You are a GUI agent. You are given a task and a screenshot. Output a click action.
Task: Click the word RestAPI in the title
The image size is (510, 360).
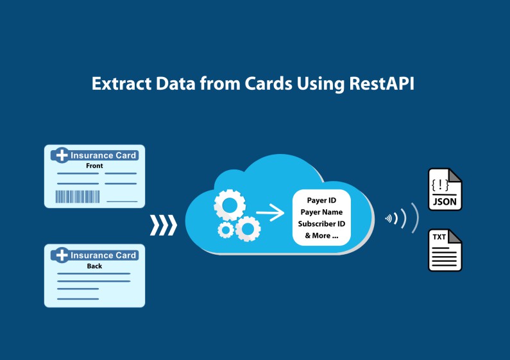pos(382,83)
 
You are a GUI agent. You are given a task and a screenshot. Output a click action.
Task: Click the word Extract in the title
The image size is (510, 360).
pos(122,83)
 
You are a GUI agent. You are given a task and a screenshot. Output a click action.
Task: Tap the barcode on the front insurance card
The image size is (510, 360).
pos(78,196)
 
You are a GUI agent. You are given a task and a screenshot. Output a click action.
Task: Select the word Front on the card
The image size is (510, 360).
pos(94,166)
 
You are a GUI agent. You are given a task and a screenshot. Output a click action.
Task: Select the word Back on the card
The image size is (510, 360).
pos(94,266)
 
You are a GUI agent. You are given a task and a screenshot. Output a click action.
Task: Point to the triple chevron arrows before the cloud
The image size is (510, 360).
pos(164,225)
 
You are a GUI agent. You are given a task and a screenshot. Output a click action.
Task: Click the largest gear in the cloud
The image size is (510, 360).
pos(230,205)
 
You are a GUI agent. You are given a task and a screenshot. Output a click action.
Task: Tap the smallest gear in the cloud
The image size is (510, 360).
pos(226,230)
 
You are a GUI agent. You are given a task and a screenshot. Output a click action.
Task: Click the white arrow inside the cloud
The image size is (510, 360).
pos(270,213)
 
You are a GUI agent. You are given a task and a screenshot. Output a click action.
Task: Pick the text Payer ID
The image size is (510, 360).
pos(321,200)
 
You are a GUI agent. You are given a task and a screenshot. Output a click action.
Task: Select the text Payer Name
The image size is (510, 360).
pos(321,212)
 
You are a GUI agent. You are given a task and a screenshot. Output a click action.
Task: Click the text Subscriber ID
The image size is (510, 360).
pos(321,223)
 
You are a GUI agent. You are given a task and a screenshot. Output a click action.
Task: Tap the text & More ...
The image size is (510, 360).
pos(321,236)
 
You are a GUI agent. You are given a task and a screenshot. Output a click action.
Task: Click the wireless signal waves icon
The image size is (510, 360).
pos(402,218)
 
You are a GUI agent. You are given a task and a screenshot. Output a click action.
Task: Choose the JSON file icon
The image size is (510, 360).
pos(445,189)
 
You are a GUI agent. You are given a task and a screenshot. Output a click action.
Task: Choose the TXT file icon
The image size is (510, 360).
pos(445,250)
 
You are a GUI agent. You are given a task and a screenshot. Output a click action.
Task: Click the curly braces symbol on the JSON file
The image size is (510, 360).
pos(440,185)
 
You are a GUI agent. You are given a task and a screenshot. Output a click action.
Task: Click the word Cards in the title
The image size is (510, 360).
pos(268,83)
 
